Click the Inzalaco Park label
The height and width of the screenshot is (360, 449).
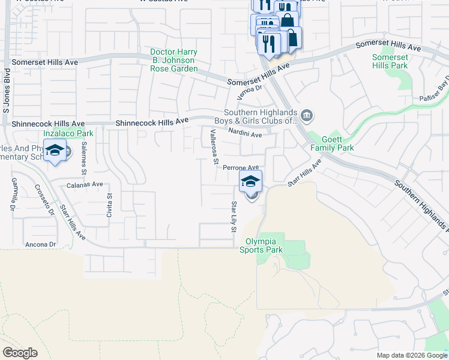click(68, 133)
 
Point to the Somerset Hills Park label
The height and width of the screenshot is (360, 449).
click(390, 61)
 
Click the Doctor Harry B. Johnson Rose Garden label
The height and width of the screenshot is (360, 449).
click(173, 61)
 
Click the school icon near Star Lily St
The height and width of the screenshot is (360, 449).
click(251, 181)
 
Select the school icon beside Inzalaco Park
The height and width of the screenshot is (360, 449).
click(55, 151)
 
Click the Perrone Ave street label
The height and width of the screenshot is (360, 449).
click(241, 168)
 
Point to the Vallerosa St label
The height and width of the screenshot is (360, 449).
click(213, 145)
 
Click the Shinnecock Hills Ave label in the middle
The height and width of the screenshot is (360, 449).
click(152, 122)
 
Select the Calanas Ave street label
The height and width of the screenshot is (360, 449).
click(85, 185)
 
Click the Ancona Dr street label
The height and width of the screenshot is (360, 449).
click(40, 244)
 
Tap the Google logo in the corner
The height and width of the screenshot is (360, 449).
click(20, 353)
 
